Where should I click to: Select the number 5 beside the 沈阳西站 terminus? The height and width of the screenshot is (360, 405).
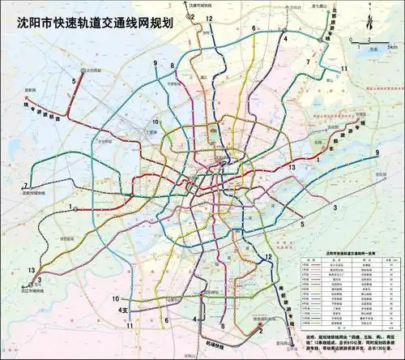(x=74, y=81)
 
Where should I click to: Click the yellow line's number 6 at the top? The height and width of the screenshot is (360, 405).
(x=254, y=29)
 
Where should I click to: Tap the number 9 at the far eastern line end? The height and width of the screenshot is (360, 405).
(x=377, y=153)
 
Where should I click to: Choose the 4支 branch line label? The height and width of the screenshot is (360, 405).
(x=122, y=310)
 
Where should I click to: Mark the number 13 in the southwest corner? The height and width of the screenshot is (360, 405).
(x=30, y=269)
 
